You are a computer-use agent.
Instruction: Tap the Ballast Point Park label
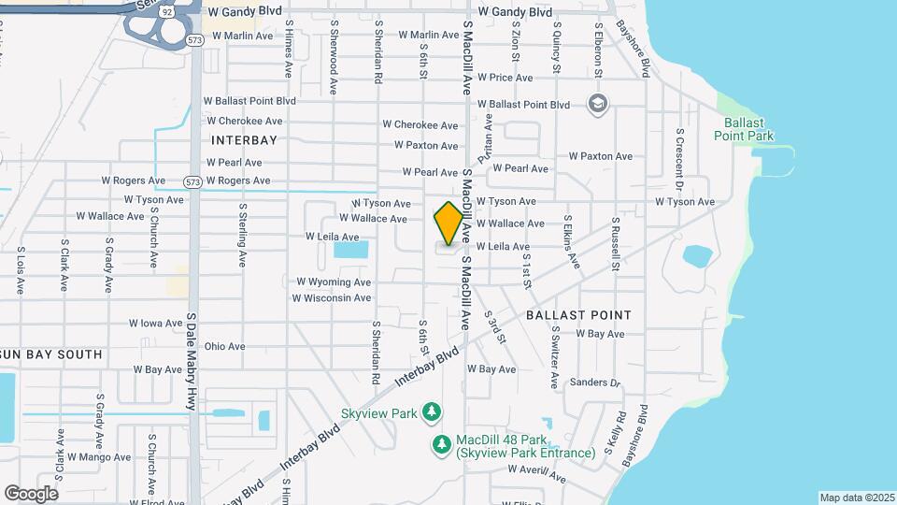744,129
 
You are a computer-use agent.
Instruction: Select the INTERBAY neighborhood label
245,140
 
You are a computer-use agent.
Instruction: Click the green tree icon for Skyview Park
431,411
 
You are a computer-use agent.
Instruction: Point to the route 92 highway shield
165,12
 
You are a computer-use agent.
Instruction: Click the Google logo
31,493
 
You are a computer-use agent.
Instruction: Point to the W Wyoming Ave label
334,281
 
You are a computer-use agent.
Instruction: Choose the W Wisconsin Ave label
332,298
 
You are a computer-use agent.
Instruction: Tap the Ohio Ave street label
224,346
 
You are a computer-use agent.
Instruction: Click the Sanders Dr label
595,382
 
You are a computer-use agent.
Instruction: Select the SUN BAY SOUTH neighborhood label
51,354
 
